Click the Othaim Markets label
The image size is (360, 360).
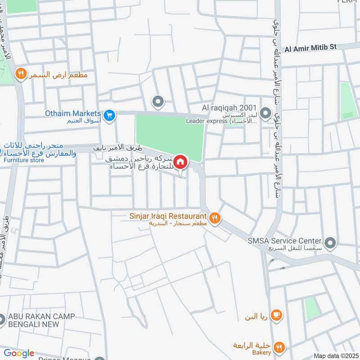[72, 113]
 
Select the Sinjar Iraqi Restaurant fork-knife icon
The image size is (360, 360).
[216, 218]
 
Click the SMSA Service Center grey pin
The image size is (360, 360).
[331, 243]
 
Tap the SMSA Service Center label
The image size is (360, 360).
[284, 241]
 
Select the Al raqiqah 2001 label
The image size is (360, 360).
[229, 108]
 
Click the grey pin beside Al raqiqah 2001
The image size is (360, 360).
[266, 112]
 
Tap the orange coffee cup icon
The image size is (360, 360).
[277, 315]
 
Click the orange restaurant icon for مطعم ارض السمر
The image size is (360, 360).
[20, 74]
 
